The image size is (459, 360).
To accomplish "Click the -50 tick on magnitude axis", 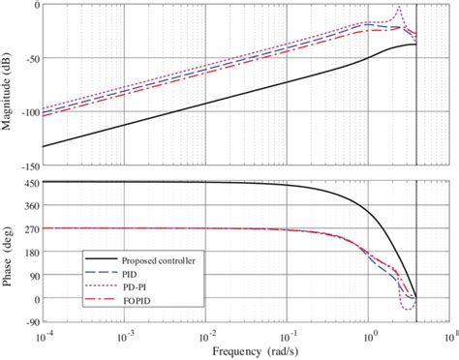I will click(29, 58).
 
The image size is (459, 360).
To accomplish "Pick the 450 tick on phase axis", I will click(28, 182).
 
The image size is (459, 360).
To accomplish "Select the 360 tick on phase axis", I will click(28, 205).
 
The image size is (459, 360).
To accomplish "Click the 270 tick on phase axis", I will click(28, 228).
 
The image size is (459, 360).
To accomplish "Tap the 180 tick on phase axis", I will click(28, 252).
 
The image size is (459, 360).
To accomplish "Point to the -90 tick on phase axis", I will click(28, 322).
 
